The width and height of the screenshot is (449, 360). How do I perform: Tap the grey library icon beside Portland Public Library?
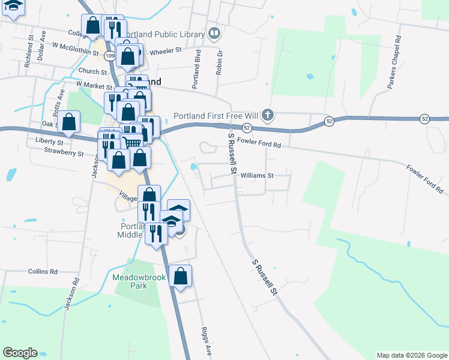pos(213,32)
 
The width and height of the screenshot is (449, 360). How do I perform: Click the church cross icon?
pos(270,115)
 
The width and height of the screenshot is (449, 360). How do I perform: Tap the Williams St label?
pos(256,176)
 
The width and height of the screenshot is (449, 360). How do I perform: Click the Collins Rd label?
pos(43,271)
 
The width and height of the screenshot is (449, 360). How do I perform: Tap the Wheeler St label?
pos(165,51)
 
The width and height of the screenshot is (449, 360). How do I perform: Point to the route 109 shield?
pos(109,55)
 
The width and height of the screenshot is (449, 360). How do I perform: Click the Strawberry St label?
pos(64,153)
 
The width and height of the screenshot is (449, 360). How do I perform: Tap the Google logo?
pos(20,353)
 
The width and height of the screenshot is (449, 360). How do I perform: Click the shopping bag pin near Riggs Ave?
pos(180,277)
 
